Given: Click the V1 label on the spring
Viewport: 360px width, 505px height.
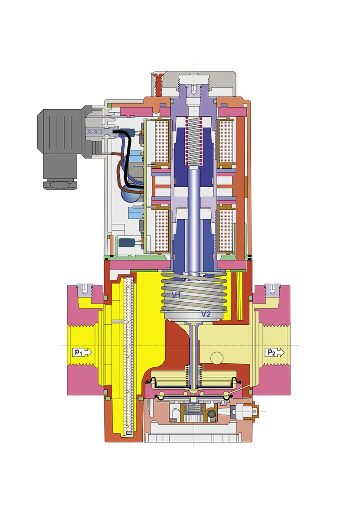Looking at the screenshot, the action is (176, 294).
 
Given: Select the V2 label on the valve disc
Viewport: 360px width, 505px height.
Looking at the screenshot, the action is (206, 314).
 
